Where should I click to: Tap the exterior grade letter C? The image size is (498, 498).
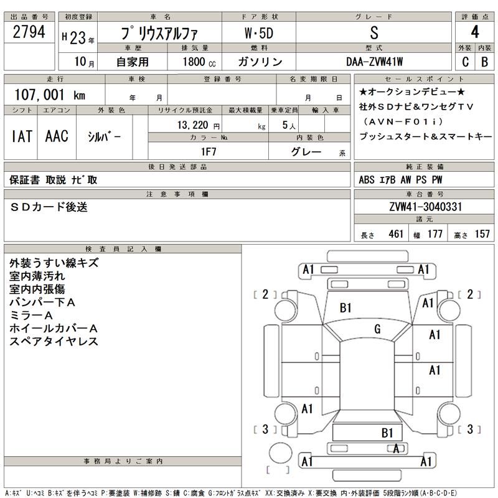(464, 62)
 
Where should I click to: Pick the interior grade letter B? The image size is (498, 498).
(484, 62)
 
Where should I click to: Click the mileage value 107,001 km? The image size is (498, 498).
(49, 94)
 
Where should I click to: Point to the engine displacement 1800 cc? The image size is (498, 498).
(199, 62)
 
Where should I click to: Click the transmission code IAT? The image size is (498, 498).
(22, 137)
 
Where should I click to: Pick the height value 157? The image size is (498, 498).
(482, 235)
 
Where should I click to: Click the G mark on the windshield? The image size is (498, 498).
(377, 329)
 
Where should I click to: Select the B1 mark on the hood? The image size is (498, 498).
(346, 308)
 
